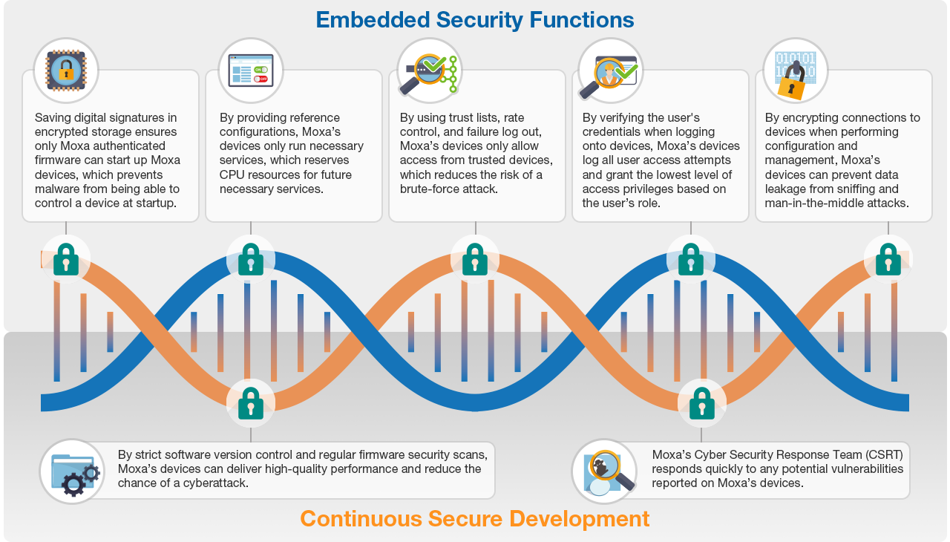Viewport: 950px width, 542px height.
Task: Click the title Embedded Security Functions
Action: point(474,19)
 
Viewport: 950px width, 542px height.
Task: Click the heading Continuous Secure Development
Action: point(474,518)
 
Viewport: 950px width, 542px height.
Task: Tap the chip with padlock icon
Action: point(66,70)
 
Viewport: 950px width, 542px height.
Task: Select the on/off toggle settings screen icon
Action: point(251,70)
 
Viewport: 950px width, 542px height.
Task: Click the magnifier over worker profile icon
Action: point(610,70)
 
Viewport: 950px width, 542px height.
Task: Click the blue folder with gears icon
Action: point(72,471)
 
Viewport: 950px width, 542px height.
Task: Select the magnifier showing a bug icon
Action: point(604,471)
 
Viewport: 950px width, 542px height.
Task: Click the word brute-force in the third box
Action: point(431,189)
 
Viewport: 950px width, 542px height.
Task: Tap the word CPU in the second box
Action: point(232,174)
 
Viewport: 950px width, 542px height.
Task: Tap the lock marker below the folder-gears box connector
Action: point(251,403)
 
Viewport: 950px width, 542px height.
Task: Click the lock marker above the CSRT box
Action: point(702,403)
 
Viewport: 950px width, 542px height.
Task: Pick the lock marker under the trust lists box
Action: point(475,259)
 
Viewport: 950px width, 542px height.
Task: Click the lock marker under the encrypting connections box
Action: point(888,259)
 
